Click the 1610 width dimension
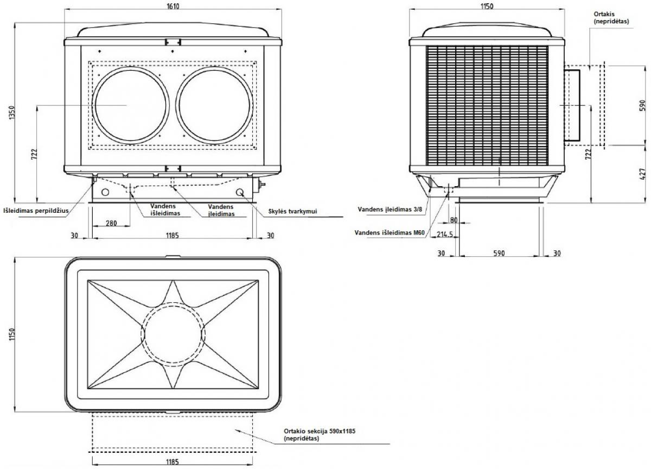pos(173,5)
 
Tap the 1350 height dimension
pos(11,112)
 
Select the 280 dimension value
pos(111,223)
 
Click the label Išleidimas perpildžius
pos(36,211)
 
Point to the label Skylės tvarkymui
pos(292,211)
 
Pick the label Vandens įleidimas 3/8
pos(390,209)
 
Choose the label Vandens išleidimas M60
pos(390,233)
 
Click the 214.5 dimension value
pos(445,234)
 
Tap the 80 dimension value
pos(454,220)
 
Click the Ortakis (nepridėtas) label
pos(611,18)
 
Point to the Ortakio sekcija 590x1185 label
pos(320,434)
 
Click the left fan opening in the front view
pos(131,105)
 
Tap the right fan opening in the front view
pos(214,105)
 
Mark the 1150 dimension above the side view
pos(487,6)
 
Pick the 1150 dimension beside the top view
pos(11,335)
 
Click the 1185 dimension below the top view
pos(173,461)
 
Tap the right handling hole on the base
pos(240,192)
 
